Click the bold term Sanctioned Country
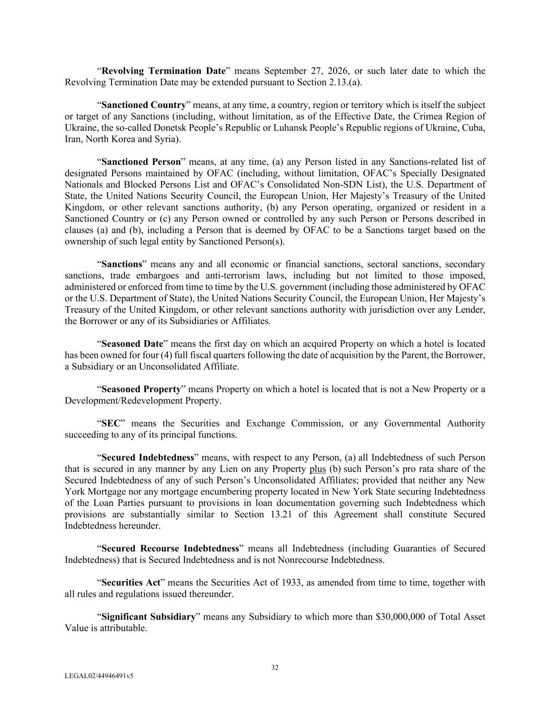(143, 105)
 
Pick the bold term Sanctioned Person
(141, 162)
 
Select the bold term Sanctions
(121, 264)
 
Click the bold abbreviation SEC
(111, 424)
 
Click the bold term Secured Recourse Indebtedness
(170, 549)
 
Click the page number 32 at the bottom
(275, 668)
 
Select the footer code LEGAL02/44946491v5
(99, 676)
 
